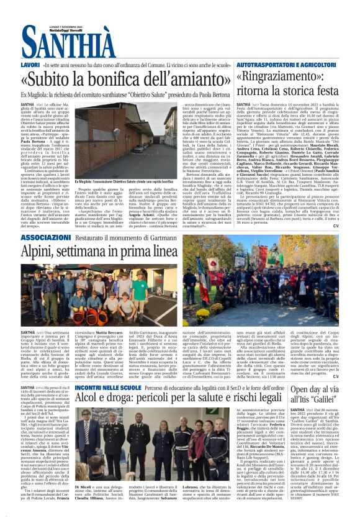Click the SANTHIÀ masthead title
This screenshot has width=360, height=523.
point(69,43)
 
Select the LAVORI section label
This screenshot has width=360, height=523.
point(30,65)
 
